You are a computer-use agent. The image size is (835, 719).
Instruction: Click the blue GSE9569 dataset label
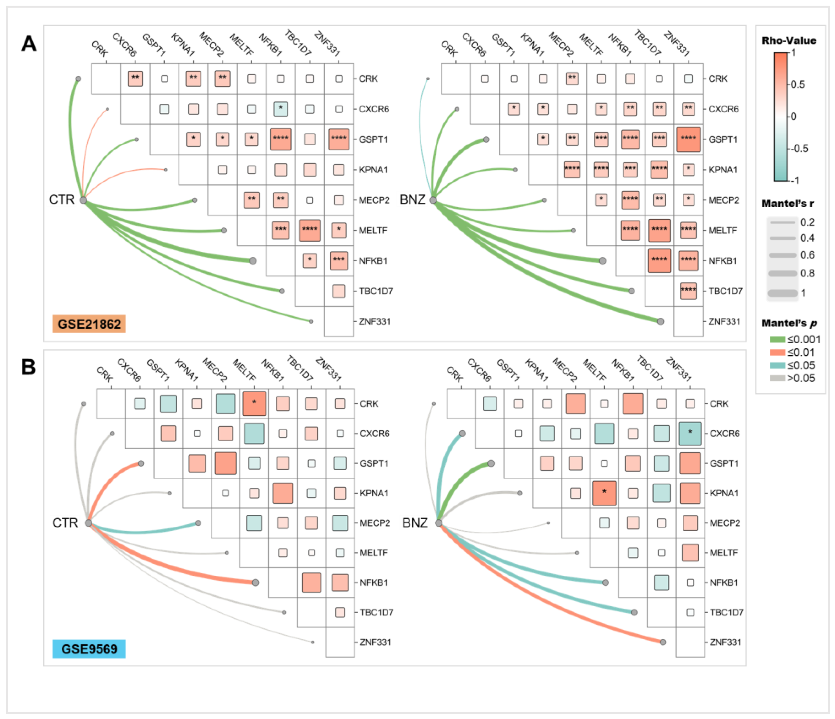[89, 649]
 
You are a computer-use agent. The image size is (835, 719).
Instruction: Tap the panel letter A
[29, 44]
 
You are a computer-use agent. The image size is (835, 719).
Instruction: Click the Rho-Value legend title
[789, 41]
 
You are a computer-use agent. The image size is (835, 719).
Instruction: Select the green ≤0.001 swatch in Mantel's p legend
[777, 340]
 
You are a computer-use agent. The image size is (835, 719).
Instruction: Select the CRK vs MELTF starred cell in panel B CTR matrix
[254, 403]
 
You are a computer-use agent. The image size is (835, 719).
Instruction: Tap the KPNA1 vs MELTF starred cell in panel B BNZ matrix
[604, 493]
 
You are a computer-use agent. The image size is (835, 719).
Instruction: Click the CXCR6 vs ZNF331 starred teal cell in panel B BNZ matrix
[690, 433]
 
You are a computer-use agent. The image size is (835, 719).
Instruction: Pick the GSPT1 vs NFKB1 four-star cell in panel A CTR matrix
[280, 139]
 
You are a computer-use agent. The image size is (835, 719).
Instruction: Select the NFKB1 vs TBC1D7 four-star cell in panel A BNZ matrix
[659, 260]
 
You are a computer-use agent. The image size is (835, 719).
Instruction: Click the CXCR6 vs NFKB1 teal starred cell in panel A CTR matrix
[280, 109]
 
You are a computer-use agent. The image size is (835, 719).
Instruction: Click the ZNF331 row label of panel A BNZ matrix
[724, 322]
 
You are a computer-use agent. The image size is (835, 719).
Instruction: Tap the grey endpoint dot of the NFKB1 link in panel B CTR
[255, 582]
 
